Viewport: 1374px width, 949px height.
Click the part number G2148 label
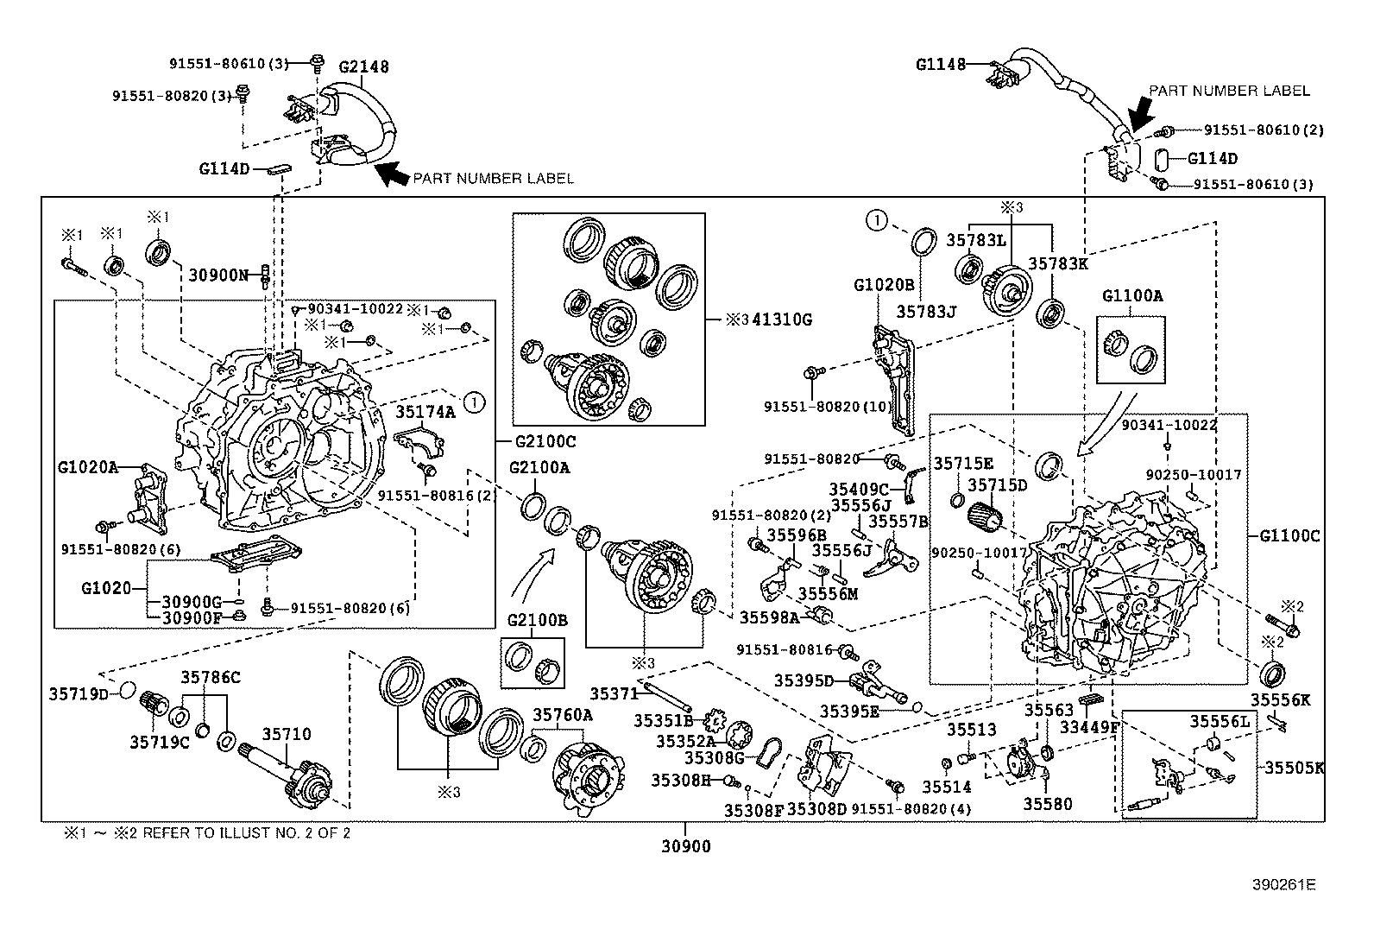point(363,66)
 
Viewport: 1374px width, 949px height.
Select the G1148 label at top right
point(940,63)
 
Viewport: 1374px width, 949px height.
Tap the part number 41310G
point(782,319)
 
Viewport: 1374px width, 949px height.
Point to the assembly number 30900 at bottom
point(687,847)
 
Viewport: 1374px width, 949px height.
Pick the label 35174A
point(425,413)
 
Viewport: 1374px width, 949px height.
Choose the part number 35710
point(287,734)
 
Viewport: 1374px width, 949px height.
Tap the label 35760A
point(563,714)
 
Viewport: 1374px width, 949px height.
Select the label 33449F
point(1089,728)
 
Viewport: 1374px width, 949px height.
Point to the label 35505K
point(1294,767)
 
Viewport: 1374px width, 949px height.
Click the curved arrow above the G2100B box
point(530,575)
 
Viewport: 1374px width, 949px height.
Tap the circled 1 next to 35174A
point(474,401)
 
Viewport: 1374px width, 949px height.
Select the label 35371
point(615,693)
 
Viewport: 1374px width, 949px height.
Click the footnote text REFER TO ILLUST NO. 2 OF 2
point(246,833)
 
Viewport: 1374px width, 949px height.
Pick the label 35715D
point(997,486)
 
